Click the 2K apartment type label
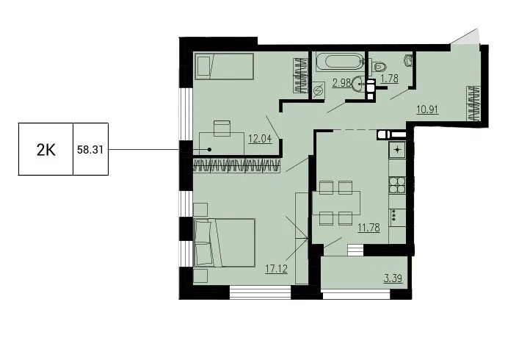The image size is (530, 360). [x=46, y=150]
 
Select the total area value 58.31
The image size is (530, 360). [x=90, y=150]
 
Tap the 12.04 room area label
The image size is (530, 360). [x=260, y=139]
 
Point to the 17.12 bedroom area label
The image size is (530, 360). [x=276, y=269]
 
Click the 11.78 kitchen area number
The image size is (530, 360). [x=369, y=228]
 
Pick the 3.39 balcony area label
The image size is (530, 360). [x=393, y=278]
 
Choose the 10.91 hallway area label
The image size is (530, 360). [x=427, y=109]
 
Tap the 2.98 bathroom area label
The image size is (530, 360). [x=341, y=83]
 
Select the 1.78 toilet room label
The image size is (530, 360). [x=389, y=79]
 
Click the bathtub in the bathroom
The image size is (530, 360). [x=339, y=62]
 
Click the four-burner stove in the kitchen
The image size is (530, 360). [x=397, y=184]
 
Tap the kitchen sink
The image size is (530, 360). [x=398, y=150]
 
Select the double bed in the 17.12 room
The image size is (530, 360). [x=225, y=242]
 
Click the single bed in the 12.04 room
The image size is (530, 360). [x=224, y=66]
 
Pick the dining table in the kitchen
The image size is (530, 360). [x=336, y=203]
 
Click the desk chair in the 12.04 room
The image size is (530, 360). [x=222, y=129]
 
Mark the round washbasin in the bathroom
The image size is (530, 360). [x=358, y=84]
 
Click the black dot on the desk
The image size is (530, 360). [x=209, y=149]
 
